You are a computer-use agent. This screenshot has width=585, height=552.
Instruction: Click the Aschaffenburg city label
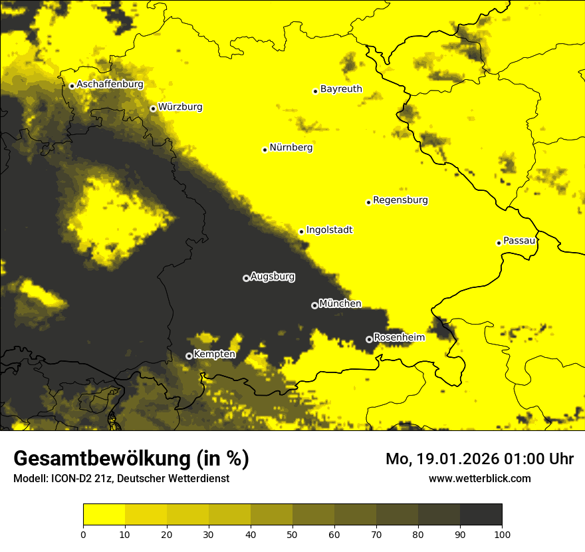[x=110, y=84]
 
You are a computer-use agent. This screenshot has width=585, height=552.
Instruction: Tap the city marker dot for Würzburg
[x=153, y=108]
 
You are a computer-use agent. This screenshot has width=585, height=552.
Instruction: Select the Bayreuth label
[x=341, y=88]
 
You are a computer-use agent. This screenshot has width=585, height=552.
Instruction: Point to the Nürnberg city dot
[x=265, y=150]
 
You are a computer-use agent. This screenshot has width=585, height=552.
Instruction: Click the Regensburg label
[x=400, y=200]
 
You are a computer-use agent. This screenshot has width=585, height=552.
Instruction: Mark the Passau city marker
[x=499, y=243]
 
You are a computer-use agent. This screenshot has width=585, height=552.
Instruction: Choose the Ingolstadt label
[x=329, y=230]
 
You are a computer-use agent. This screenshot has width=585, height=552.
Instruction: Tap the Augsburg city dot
[x=246, y=278]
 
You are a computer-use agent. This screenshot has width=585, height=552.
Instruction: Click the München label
[x=340, y=303]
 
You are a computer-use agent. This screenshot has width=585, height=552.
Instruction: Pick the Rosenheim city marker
[x=369, y=339]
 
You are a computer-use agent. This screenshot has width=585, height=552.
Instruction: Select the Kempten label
[x=214, y=354]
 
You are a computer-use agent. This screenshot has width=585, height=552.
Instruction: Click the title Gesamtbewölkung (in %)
[x=131, y=459]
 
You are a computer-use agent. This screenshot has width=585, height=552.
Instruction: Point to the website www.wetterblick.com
[x=479, y=478]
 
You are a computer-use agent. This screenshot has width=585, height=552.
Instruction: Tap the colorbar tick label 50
[x=292, y=533]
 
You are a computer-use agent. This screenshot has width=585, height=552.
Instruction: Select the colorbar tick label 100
[x=502, y=533]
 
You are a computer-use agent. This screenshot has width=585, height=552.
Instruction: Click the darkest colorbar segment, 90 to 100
[x=481, y=515]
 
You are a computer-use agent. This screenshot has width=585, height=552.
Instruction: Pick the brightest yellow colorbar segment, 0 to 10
[x=104, y=515]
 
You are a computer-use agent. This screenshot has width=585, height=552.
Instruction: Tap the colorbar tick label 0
[x=83, y=533]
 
